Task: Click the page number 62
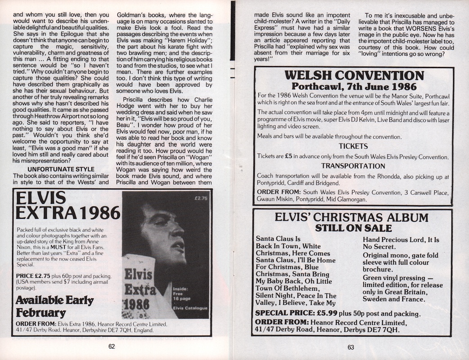[x=112, y=346]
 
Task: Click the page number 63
[x=352, y=346]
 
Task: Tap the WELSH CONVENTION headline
[x=354, y=75]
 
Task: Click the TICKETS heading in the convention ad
[x=353, y=146]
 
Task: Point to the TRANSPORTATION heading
[x=353, y=166]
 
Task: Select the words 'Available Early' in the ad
[x=54, y=300]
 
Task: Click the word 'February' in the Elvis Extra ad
[x=41, y=312]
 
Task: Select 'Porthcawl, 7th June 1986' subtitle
[x=354, y=86]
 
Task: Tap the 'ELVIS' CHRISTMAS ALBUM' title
[x=352, y=217]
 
